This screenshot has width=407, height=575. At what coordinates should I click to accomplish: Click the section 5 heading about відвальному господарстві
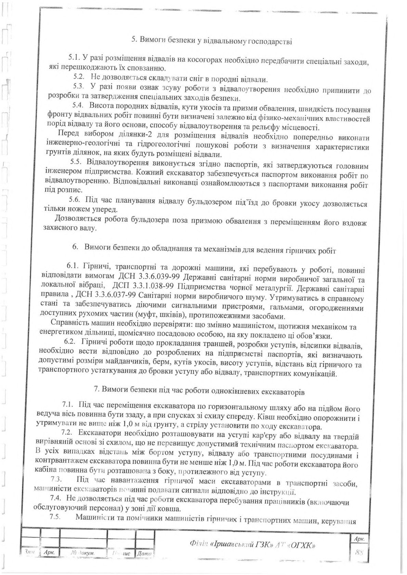(212, 40)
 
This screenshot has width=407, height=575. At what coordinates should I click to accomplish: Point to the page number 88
(359, 551)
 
